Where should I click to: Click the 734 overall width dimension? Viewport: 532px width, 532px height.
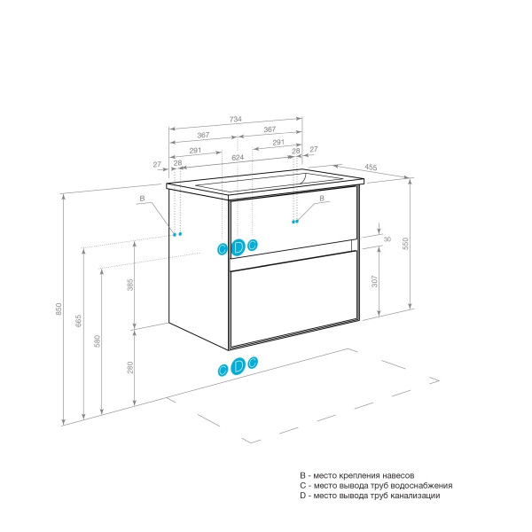(236, 119)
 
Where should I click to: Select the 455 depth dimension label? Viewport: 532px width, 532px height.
(371, 168)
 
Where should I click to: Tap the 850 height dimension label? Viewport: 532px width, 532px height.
(59, 309)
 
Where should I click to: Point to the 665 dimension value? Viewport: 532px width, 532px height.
(78, 321)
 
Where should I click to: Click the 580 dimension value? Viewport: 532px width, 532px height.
(98, 341)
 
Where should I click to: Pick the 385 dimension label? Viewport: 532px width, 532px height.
(130, 285)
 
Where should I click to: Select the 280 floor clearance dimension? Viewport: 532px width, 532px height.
(130, 367)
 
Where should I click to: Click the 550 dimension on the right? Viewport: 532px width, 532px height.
(406, 244)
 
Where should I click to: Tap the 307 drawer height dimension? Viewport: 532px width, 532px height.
(374, 281)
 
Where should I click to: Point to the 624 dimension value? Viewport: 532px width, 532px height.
(238, 158)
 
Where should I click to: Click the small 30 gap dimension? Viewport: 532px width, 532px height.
(387, 239)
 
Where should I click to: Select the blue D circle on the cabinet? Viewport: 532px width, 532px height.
(238, 247)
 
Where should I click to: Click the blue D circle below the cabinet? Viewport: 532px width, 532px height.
(238, 366)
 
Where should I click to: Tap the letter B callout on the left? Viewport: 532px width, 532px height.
(142, 199)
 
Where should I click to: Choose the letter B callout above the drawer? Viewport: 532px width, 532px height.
(322, 198)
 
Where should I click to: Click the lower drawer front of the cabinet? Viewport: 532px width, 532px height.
(293, 299)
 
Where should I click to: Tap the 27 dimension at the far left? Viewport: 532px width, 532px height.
(157, 165)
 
